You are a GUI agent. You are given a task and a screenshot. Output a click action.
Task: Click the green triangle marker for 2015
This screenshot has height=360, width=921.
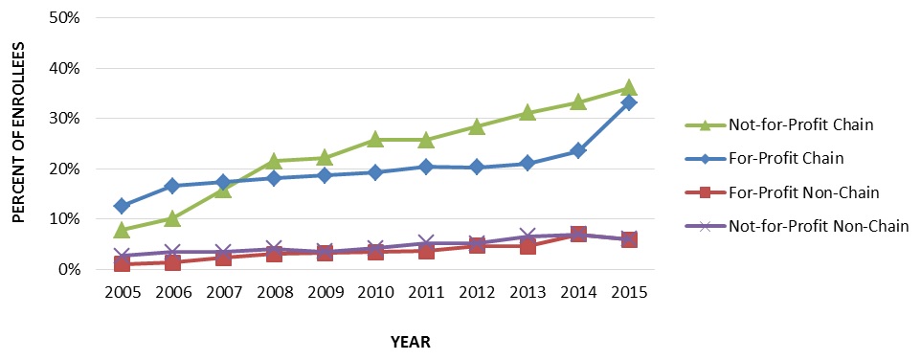[628, 88]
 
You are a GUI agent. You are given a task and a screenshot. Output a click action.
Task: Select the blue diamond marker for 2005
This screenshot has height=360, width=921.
[122, 206]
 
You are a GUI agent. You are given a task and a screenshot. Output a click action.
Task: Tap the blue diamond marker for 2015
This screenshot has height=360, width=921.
[628, 102]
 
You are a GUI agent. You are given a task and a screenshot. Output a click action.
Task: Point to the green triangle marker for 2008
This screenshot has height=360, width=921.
[274, 161]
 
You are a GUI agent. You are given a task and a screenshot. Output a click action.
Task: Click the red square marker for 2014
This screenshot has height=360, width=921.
[577, 234]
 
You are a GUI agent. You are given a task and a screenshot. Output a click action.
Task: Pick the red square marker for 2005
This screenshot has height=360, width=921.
[122, 263]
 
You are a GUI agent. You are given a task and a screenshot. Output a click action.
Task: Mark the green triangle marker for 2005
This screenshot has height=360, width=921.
[122, 230]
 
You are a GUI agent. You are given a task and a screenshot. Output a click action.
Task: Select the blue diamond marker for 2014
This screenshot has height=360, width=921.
[577, 150]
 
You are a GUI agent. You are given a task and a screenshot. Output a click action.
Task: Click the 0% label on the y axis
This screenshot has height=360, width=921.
[65, 269]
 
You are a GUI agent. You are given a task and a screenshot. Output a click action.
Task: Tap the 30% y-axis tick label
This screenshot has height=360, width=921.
[61, 119]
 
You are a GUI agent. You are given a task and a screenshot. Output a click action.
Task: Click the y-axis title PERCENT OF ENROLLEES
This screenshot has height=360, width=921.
[18, 144]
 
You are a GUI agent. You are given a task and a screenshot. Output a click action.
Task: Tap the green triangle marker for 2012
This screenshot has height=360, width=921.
[476, 126]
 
